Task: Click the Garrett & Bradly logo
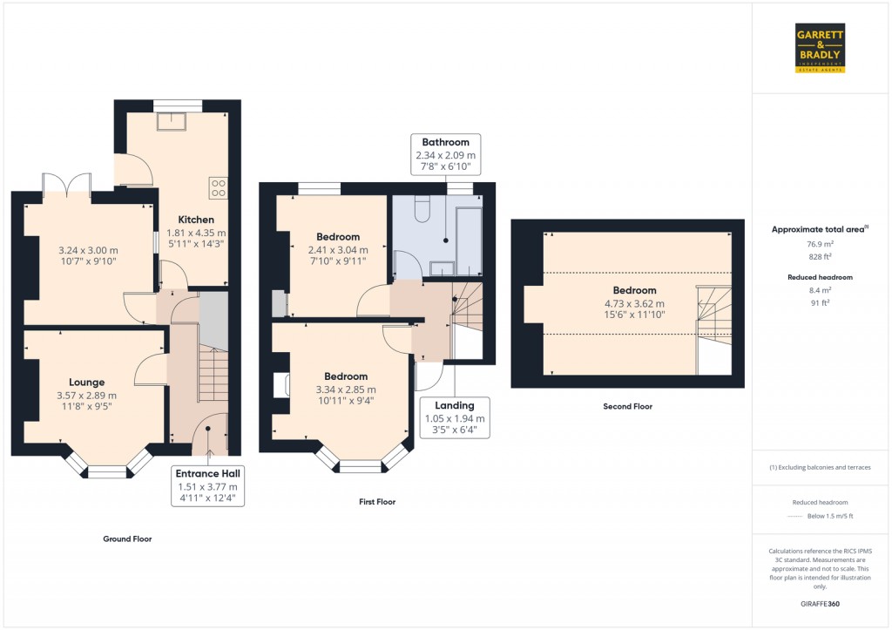pyautogui.click(x=820, y=48)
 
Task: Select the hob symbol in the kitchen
pyautogui.click(x=218, y=187)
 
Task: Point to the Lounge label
pyautogui.click(x=87, y=382)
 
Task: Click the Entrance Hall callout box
pyautogui.click(x=207, y=487)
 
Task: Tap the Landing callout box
pyautogui.click(x=454, y=417)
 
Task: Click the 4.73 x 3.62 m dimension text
pyautogui.click(x=634, y=303)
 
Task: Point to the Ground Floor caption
pyautogui.click(x=127, y=539)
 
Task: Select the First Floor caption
pyautogui.click(x=376, y=502)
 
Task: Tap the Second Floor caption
pyautogui.click(x=627, y=406)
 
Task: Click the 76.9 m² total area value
pyautogui.click(x=818, y=244)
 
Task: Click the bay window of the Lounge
pyautogui.click(x=107, y=469)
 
